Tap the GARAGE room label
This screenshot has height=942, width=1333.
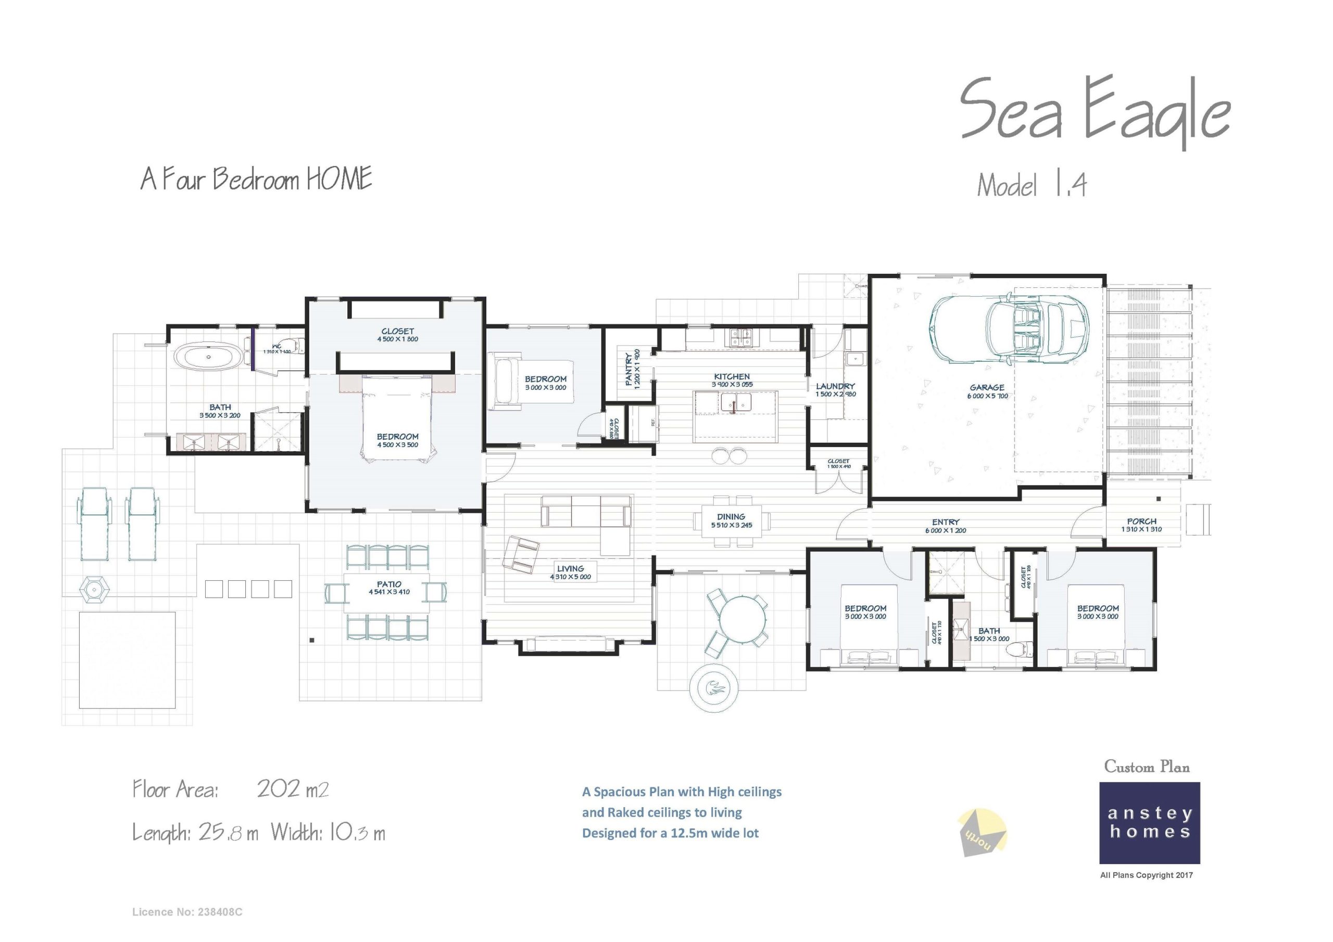click(987, 388)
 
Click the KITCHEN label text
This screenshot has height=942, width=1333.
click(732, 377)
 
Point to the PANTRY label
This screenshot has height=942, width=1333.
click(629, 369)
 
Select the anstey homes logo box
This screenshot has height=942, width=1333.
click(1149, 822)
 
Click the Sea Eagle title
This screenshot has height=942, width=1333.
click(1094, 113)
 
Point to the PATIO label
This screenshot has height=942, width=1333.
click(389, 584)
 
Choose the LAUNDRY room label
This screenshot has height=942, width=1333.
click(835, 387)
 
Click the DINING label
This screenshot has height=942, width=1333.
click(731, 517)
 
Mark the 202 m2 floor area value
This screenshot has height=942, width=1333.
click(293, 790)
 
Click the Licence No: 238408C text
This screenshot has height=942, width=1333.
click(187, 912)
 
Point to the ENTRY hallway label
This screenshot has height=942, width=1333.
click(946, 523)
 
